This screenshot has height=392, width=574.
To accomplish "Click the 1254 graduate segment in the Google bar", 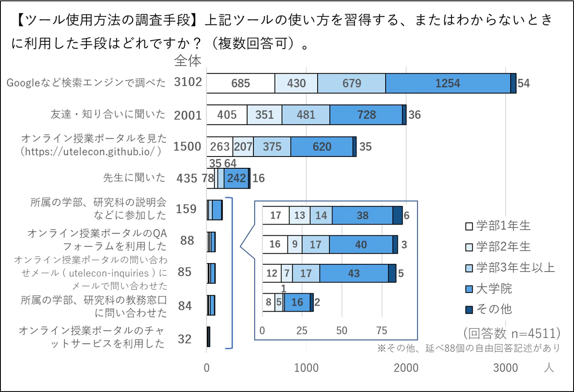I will pos(448,83).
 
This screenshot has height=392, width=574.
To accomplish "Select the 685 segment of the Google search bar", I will pos(240,83).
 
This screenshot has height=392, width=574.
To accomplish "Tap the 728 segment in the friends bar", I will pos(366,115).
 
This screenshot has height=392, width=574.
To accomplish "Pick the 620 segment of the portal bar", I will pos(322,147).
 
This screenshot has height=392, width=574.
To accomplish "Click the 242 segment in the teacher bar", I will pos(236,178).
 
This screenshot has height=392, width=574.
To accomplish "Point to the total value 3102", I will pos(188,82).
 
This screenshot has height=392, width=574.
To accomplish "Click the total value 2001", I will pos(188,115).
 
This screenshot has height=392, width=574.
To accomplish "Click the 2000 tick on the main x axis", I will pos(406,368).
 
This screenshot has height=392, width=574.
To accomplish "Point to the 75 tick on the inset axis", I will pos(381,331).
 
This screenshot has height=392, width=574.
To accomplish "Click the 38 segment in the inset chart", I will pos(362,216).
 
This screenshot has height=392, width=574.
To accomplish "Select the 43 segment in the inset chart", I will pos(354,274).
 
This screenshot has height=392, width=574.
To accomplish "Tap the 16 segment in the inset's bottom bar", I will pos(297,302).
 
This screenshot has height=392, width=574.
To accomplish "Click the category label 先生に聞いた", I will pos(134,178).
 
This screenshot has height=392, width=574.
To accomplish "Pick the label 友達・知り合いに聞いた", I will pos(108,114).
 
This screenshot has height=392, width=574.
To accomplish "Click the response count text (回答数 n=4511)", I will pos(511,333).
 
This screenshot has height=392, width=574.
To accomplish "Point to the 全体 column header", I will pos(188,61).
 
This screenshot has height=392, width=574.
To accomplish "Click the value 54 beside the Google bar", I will pos(524,83).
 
